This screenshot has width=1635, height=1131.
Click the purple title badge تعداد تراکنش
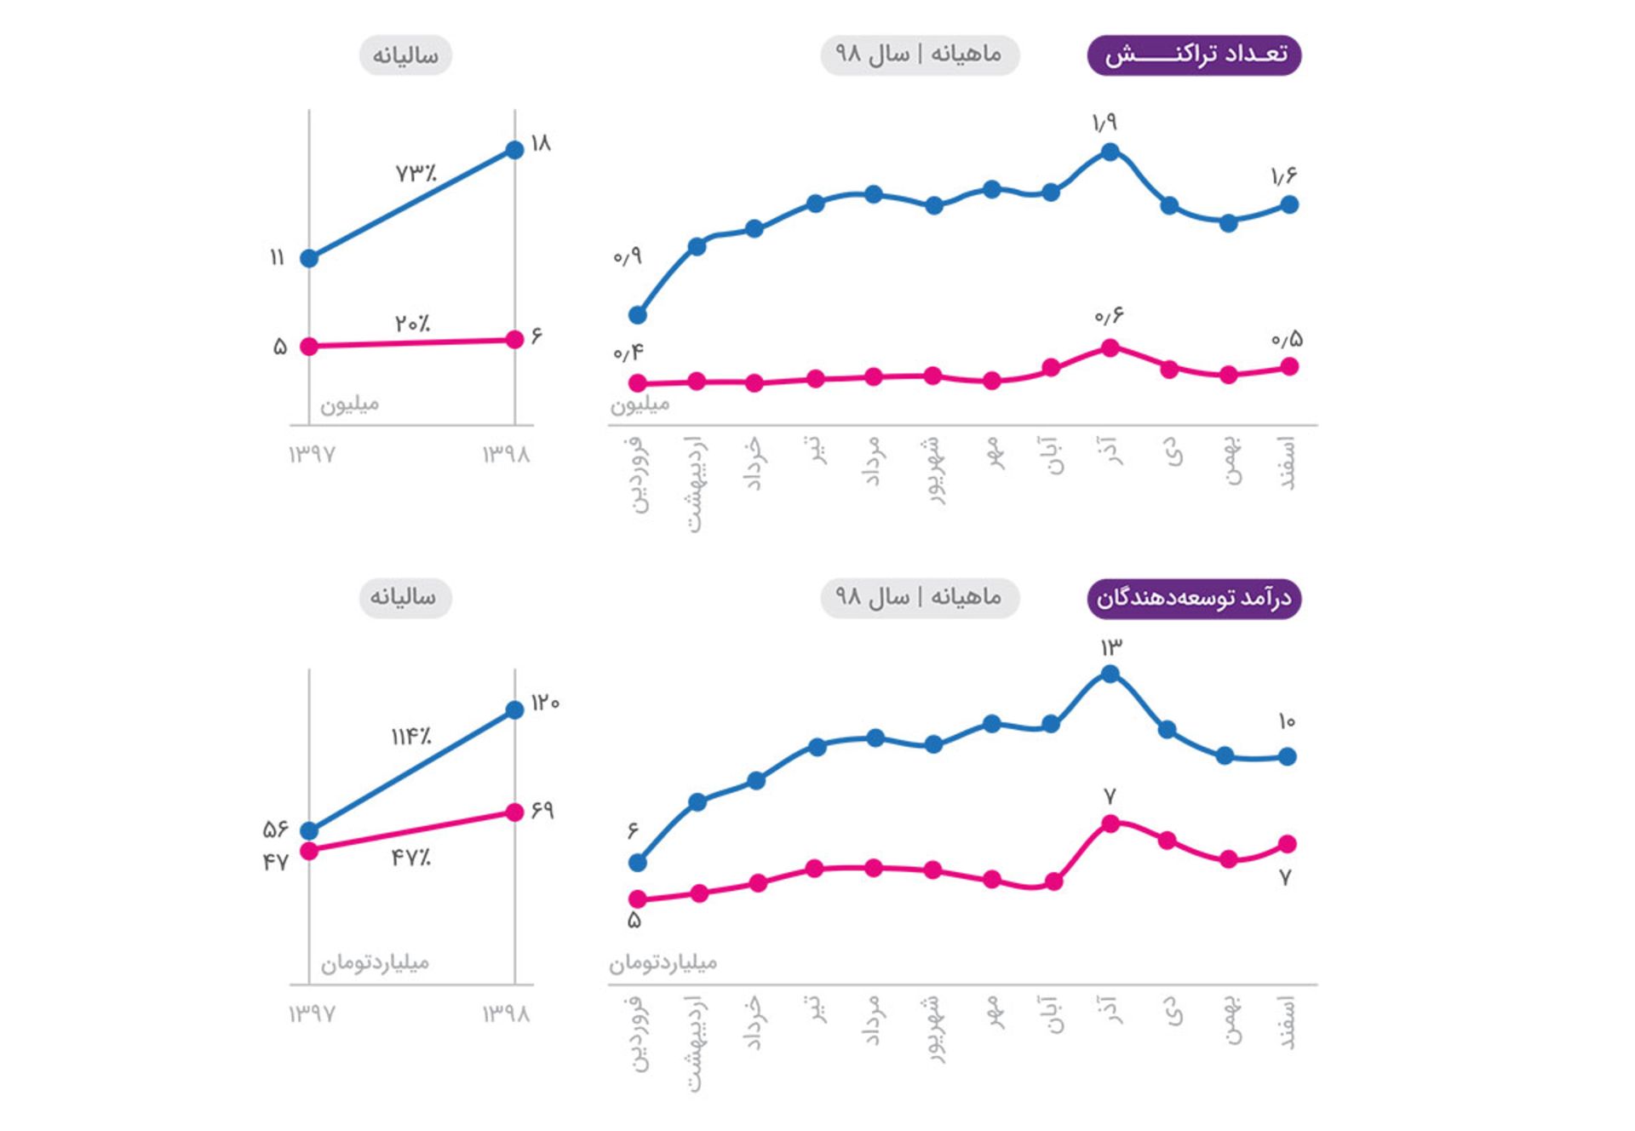coord(1194,55)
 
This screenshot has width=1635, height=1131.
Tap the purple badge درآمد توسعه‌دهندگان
coord(1194,598)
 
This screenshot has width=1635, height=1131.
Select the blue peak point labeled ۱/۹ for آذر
coord(1110,152)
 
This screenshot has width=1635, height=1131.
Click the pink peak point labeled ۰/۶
coord(1110,347)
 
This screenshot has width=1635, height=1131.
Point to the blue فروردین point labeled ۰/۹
coord(638,315)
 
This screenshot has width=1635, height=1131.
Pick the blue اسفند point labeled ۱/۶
coord(1289,204)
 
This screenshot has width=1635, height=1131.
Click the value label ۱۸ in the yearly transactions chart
coord(541,143)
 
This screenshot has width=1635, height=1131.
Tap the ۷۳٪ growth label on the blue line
coord(416,173)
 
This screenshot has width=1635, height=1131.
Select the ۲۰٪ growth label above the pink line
coord(412,324)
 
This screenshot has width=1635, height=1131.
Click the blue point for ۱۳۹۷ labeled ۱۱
coord(310,258)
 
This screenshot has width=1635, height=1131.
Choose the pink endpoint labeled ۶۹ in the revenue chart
coord(514,812)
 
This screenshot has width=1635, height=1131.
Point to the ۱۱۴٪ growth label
coord(411,736)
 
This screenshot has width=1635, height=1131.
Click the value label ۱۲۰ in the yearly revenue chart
coord(545,703)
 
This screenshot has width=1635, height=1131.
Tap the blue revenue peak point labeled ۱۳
coord(1110,674)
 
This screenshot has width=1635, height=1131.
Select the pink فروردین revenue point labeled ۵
coord(638,898)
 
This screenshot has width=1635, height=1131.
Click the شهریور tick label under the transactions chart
coord(934,470)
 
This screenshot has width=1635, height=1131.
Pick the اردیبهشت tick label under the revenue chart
coord(696,1043)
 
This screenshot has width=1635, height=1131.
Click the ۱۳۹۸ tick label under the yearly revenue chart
coord(506,1013)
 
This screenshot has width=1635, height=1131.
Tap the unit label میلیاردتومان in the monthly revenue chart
coord(663,962)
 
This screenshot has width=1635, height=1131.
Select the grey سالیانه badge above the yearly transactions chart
coord(405,55)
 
